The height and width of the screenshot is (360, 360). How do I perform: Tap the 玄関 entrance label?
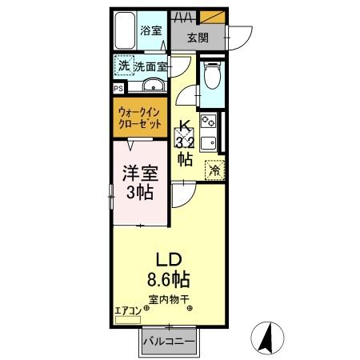tap(199, 38)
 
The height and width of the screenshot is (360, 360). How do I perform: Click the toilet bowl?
tap(212, 78)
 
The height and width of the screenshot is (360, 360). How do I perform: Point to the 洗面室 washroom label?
tap(150, 67)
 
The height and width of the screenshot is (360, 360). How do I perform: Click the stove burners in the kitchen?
tap(208, 123)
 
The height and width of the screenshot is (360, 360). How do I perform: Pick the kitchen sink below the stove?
tap(208, 144)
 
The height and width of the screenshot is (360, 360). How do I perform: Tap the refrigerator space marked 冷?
tap(214, 169)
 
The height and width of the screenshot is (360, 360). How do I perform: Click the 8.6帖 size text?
tap(167, 280)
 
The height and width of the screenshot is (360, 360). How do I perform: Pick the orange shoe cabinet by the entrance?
tap(211, 15)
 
